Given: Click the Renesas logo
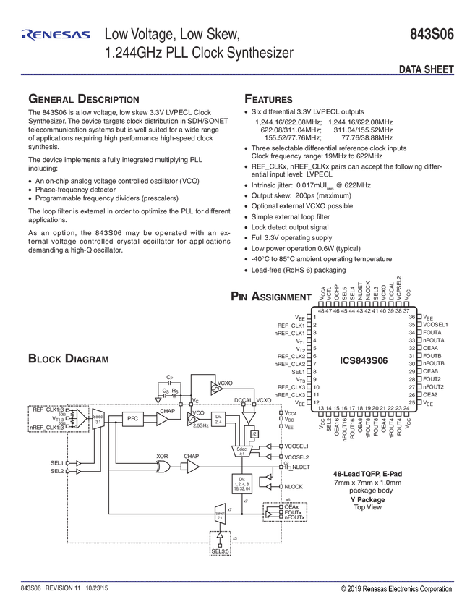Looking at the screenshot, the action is coord(56,34).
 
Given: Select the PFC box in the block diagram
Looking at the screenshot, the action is coord(132,418).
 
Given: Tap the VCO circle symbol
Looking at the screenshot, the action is coord(194,417).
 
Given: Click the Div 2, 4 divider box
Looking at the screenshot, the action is coord(219,418).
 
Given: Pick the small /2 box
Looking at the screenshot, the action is coord(254,433).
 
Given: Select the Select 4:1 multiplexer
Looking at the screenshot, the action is coord(241,451).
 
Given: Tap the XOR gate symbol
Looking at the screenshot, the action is coord(163,467).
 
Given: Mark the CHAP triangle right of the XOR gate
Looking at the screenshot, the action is coord(192,467).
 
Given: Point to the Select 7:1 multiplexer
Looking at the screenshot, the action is coord(220,516).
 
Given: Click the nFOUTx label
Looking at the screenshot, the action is coord(296,518).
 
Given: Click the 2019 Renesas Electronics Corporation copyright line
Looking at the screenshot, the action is coord(396,589).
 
